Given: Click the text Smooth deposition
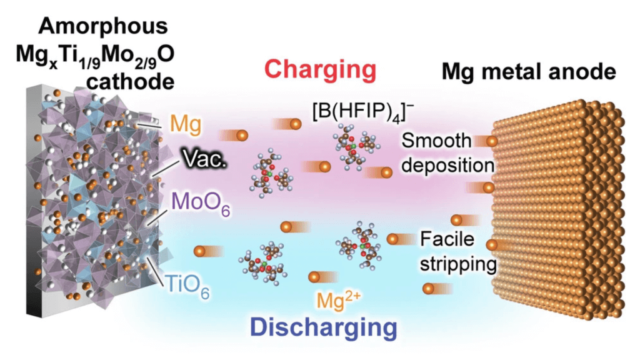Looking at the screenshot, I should (449, 153).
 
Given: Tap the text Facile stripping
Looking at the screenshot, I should (455, 251).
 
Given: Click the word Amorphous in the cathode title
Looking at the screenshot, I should (101, 26).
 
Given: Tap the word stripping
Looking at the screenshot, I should (458, 264).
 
